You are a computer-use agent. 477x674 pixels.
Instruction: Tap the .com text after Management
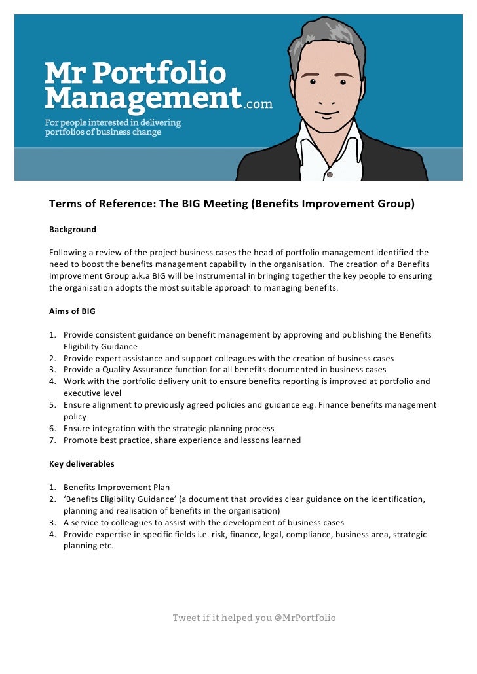[258, 103]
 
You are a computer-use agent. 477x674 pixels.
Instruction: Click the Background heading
[73, 230]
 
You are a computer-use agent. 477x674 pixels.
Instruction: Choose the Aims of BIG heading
[73, 311]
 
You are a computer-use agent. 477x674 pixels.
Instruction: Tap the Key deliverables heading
[82, 464]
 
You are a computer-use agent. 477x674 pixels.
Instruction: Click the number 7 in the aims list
[52, 440]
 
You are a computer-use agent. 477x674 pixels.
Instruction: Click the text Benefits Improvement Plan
[117, 488]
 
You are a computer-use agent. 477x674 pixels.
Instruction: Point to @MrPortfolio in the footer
[305, 618]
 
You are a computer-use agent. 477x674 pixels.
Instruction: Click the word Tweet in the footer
[186, 618]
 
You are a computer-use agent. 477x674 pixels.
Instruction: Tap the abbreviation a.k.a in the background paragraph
[142, 276]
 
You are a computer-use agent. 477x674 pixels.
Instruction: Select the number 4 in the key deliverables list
[52, 535]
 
